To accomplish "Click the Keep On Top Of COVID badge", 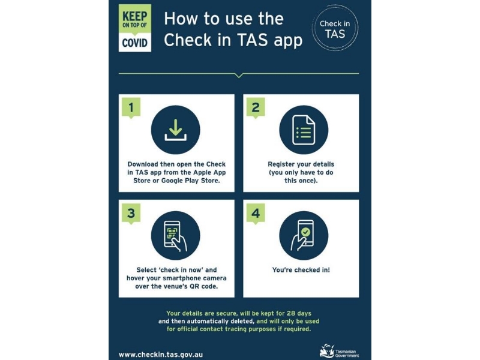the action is click(x=134, y=28).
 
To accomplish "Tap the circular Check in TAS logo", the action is click(x=335, y=28).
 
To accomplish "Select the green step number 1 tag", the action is click(x=131, y=108).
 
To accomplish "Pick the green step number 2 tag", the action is click(x=256, y=108).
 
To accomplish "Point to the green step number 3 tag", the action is click(x=131, y=214).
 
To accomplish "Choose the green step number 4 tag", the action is click(x=256, y=214).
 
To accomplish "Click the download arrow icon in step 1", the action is click(x=175, y=130).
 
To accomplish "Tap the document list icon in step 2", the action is click(x=304, y=130).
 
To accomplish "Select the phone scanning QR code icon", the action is click(x=175, y=236).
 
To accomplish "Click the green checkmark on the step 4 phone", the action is click(x=305, y=232).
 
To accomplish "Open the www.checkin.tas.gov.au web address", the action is click(x=161, y=355).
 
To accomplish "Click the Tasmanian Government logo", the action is click(x=339, y=351).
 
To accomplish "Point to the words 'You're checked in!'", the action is click(x=301, y=269).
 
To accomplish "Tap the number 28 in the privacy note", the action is click(x=290, y=313).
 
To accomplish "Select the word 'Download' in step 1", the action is click(x=143, y=164).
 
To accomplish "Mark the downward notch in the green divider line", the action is click(x=239, y=76).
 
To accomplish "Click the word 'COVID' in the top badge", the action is click(x=134, y=43).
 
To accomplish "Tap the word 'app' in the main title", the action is click(x=288, y=41).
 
